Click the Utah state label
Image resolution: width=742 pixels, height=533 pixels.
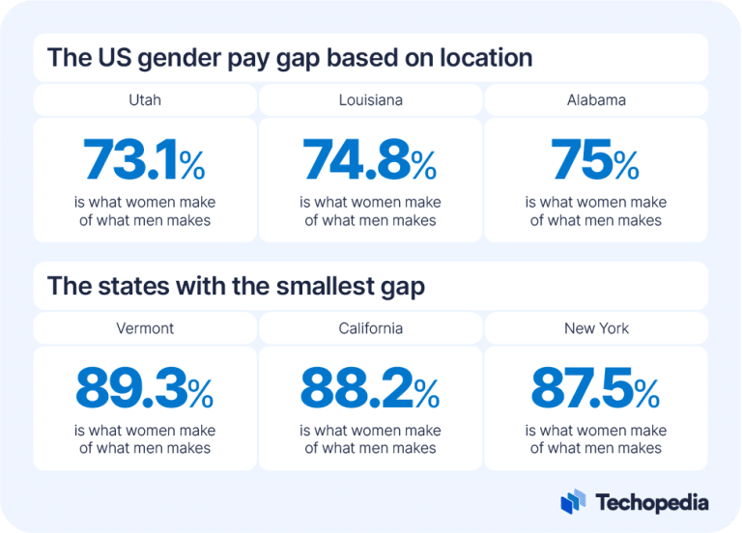tap(145, 99)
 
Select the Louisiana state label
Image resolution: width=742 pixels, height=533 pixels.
tap(370, 99)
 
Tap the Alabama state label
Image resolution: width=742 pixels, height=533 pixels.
tap(596, 99)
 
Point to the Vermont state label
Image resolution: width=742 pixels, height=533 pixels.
tap(145, 328)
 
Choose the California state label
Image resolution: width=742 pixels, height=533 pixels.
tap(370, 328)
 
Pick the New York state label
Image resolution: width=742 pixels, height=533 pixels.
tap(596, 328)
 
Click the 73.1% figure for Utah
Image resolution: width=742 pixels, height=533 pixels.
tap(145, 160)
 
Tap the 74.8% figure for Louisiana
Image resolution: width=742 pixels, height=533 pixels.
tap(370, 160)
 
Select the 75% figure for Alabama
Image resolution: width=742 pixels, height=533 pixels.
tap(596, 160)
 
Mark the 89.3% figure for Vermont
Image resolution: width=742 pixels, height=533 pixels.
tap(145, 389)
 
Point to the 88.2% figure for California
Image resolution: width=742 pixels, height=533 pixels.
tap(370, 389)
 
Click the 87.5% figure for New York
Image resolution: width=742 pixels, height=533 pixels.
tap(596, 389)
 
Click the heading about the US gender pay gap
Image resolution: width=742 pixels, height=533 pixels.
tap(290, 58)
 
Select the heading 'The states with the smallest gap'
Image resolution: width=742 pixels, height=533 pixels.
tap(236, 286)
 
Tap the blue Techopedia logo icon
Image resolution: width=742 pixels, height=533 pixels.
tap(573, 502)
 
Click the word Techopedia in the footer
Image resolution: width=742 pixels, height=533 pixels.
tap(652, 503)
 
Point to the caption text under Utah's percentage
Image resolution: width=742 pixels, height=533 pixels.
tap(145, 211)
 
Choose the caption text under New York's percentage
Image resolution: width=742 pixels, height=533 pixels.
tap(596, 439)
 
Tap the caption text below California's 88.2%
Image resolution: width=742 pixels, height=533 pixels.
tap(370, 439)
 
